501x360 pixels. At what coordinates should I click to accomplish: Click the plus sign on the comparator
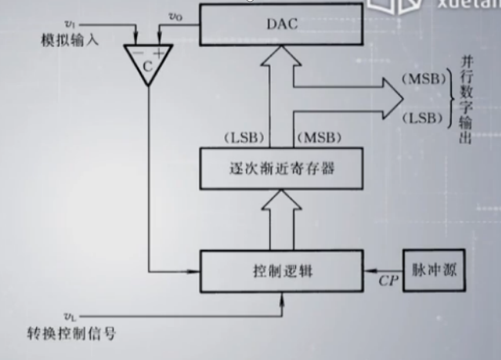pos(159,52)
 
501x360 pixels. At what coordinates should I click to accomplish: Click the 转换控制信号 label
pos(71,334)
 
